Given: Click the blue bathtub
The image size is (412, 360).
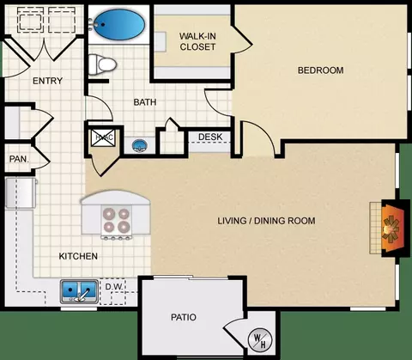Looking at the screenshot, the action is tap(119, 24).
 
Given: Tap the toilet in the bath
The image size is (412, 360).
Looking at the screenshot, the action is tap(102, 64).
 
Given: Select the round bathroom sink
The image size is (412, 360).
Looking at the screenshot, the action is tap(140, 145).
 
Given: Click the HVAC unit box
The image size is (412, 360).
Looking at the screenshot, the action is tap(104, 137).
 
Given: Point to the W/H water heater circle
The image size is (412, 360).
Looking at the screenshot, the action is tap(260, 339).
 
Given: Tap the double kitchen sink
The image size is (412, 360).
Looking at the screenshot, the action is tap(79, 291).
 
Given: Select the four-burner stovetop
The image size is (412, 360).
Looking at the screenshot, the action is tap(117, 221).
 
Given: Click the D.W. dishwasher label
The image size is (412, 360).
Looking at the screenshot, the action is tap(114, 286).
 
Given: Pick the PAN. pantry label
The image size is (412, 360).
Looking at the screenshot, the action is tap(19, 159).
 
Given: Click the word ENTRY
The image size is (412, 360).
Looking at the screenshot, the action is tap(47, 81).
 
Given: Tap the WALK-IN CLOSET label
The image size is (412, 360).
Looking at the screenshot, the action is tap(197, 41).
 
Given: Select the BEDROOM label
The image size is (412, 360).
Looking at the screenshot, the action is tap(321, 70).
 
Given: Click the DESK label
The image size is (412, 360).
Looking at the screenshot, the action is tap(210, 137).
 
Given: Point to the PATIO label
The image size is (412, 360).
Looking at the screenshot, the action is tap(184, 317).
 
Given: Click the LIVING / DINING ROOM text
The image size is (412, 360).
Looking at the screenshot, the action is tap(266, 221).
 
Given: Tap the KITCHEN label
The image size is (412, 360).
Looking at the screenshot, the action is tap(78, 256).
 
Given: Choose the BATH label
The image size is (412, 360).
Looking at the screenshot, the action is tap(145, 102).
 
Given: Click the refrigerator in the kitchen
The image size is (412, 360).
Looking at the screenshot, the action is tap(21, 192).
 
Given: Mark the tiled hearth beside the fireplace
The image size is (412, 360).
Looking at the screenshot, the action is tap(375, 228).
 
